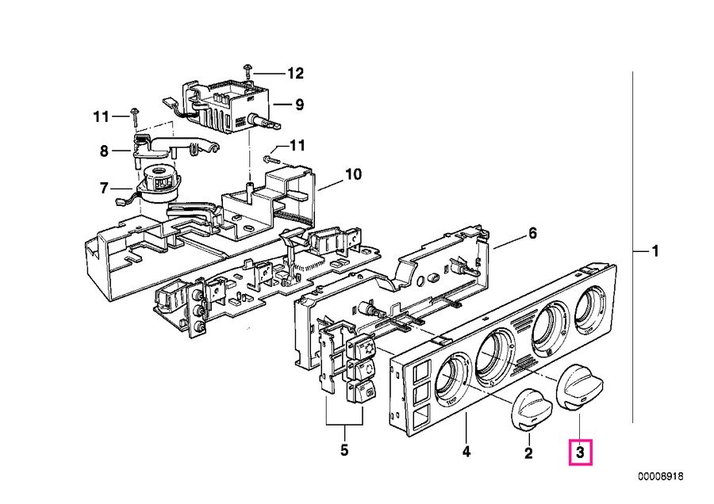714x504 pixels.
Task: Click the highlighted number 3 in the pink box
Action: click(x=580, y=453)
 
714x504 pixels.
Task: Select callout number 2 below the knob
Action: click(x=528, y=453)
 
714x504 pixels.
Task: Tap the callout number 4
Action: click(x=466, y=452)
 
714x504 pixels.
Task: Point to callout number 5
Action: click(x=344, y=452)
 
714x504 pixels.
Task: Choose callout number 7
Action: click(x=103, y=188)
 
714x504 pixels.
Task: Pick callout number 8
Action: click(x=103, y=149)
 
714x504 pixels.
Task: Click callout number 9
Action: click(x=299, y=103)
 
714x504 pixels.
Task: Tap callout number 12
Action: click(x=294, y=74)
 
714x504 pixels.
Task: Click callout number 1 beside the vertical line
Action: click(x=654, y=252)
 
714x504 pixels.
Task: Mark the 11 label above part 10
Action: click(x=296, y=145)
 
